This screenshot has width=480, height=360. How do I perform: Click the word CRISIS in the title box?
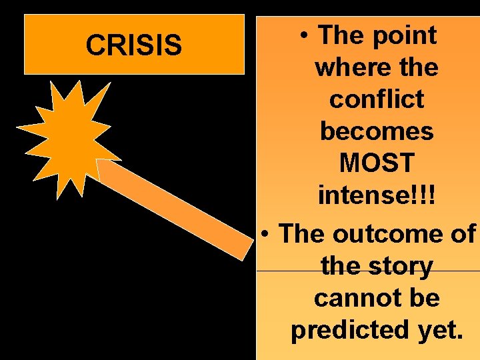pyautogui.click(x=133, y=45)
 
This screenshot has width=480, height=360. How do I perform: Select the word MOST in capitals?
pyautogui.click(x=377, y=164)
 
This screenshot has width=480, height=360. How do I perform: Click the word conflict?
pyautogui.click(x=377, y=99)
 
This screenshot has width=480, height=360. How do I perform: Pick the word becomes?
pyautogui.click(x=377, y=132)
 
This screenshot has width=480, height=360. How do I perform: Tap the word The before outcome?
pyautogui.click(x=301, y=233)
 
